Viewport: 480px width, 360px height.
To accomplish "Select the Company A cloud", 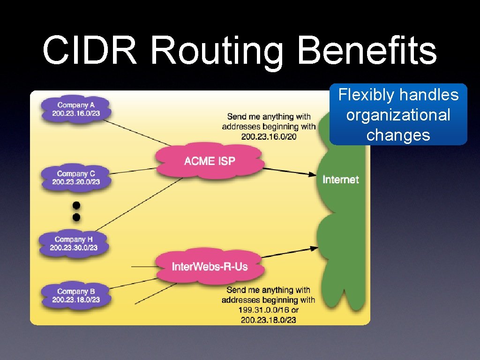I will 75,109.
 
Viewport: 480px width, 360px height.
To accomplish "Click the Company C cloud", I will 75,178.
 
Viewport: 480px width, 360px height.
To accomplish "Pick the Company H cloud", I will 74,243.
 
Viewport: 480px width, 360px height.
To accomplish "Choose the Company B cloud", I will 75,295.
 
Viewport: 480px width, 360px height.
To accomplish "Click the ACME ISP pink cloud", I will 210,161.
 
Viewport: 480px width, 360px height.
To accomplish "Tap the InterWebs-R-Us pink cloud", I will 210,267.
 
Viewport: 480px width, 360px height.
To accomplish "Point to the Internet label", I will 341,180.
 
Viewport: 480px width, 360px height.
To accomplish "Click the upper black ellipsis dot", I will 76,205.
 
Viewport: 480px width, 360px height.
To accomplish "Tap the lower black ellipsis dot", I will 76,217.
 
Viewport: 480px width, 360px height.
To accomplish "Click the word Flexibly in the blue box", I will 366,95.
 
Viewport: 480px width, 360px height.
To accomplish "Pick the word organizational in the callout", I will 398,115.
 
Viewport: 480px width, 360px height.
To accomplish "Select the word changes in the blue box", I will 398,135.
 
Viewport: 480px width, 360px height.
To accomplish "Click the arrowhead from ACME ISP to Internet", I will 313,174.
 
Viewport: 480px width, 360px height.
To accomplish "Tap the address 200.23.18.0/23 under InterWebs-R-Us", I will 269,320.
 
